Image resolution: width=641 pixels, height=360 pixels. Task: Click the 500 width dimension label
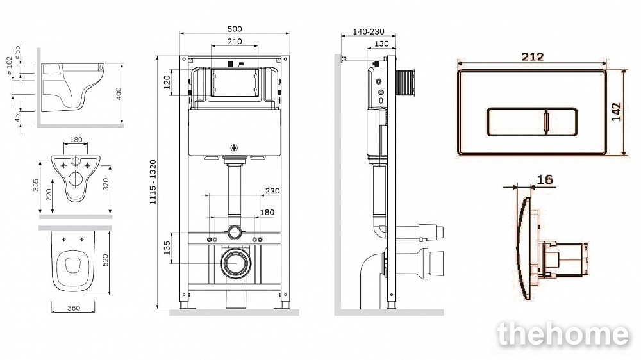coord(235,29)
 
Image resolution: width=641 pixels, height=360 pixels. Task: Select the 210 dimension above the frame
coord(235,41)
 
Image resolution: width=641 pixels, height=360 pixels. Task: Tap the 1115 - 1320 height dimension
coord(153,183)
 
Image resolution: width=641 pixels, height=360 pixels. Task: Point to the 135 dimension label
coord(167,248)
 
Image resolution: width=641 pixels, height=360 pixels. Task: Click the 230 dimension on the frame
coord(272,191)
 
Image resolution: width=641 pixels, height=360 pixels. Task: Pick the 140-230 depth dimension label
coord(369,31)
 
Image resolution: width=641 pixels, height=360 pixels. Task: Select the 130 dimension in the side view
coord(381,44)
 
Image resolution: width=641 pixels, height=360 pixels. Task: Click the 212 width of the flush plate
coord(533,57)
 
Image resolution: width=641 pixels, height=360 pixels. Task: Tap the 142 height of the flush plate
coord(616,111)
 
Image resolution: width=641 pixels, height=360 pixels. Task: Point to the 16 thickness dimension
coord(545,179)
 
